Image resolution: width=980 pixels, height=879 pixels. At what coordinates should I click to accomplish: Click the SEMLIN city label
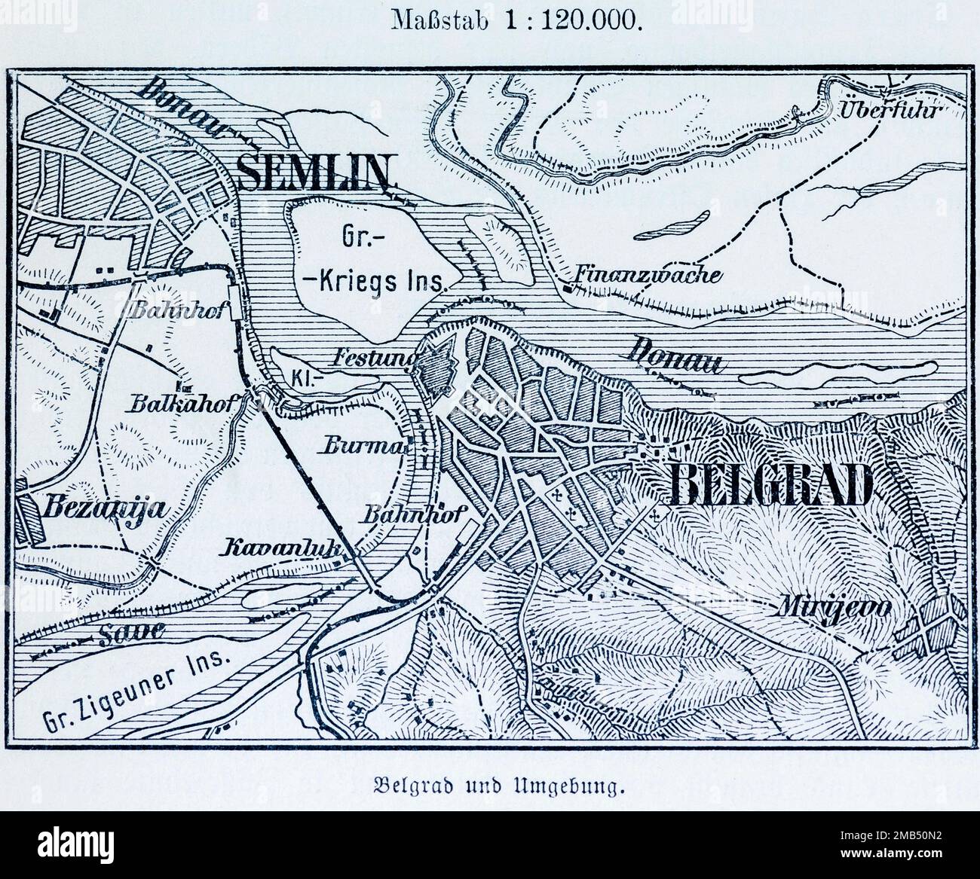[315, 172]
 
